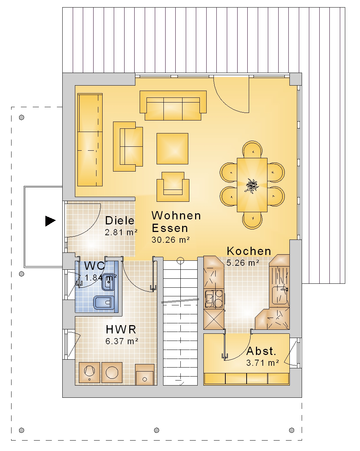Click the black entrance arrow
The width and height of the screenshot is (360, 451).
pyautogui.click(x=50, y=221)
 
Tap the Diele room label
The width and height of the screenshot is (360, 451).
pyautogui.click(x=120, y=220)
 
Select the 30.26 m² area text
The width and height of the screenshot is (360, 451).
pyautogui.click(x=171, y=240)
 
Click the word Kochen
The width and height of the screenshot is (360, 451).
pyautogui.click(x=249, y=251)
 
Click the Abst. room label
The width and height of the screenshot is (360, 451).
pyautogui.click(x=261, y=351)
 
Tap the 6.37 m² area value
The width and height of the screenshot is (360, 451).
pyautogui.click(x=122, y=341)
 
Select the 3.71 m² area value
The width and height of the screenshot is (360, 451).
pyautogui.click(x=262, y=363)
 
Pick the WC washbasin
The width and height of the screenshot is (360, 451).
pyautogui.click(x=108, y=282)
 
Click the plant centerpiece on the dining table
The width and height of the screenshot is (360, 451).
pyautogui.click(x=252, y=186)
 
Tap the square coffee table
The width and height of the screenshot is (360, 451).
pyautogui.click(x=172, y=149)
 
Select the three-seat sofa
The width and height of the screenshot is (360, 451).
pyautogui.click(x=173, y=105)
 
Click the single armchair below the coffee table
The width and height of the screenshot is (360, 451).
pyautogui.click(x=173, y=187)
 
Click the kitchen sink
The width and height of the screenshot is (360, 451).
pyautogui.click(x=279, y=295)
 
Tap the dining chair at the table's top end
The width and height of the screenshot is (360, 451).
pyautogui.click(x=252, y=150)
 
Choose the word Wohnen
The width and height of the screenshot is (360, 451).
pyautogui.click(x=176, y=215)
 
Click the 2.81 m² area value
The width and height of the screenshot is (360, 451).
pyautogui.click(x=121, y=232)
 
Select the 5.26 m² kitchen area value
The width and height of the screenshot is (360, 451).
pyautogui.click(x=243, y=263)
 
